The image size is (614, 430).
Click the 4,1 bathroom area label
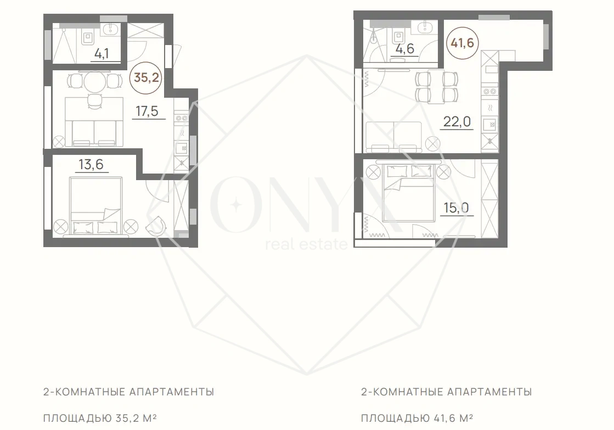coord(102,53)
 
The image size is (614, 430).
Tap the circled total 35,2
coord(146,77)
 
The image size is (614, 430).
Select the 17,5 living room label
coord(147,111)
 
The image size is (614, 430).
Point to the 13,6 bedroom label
coord(91,164)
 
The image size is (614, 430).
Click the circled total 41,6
coord(462,43)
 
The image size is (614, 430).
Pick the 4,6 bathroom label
coord(404,49)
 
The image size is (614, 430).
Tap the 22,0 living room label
coord(457,122)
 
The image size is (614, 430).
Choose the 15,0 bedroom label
coord(456,208)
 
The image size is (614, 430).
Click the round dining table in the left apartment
coord(95,81)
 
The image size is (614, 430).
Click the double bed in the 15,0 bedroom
coord(410,192)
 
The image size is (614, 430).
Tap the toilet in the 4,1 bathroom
coord(87,38)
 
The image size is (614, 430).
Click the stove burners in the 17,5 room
coord(182,118)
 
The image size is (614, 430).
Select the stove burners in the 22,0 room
coord(490,92)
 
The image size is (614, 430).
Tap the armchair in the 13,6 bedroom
coord(156,225)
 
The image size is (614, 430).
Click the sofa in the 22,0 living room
coord(393,137)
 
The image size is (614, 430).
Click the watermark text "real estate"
coord(307,244)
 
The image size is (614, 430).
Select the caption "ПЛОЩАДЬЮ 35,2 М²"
coord(100,418)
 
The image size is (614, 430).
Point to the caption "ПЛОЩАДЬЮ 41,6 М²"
coord(417,418)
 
